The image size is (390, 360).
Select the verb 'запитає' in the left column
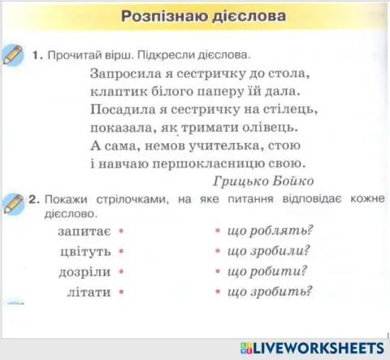[x=85, y=232]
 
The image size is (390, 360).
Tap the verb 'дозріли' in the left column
[x=86, y=271]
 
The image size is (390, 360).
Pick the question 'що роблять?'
[x=271, y=232]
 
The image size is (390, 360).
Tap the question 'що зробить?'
[x=271, y=291]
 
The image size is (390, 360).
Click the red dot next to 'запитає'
[x=120, y=232]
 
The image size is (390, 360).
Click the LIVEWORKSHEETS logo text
[x=318, y=347]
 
